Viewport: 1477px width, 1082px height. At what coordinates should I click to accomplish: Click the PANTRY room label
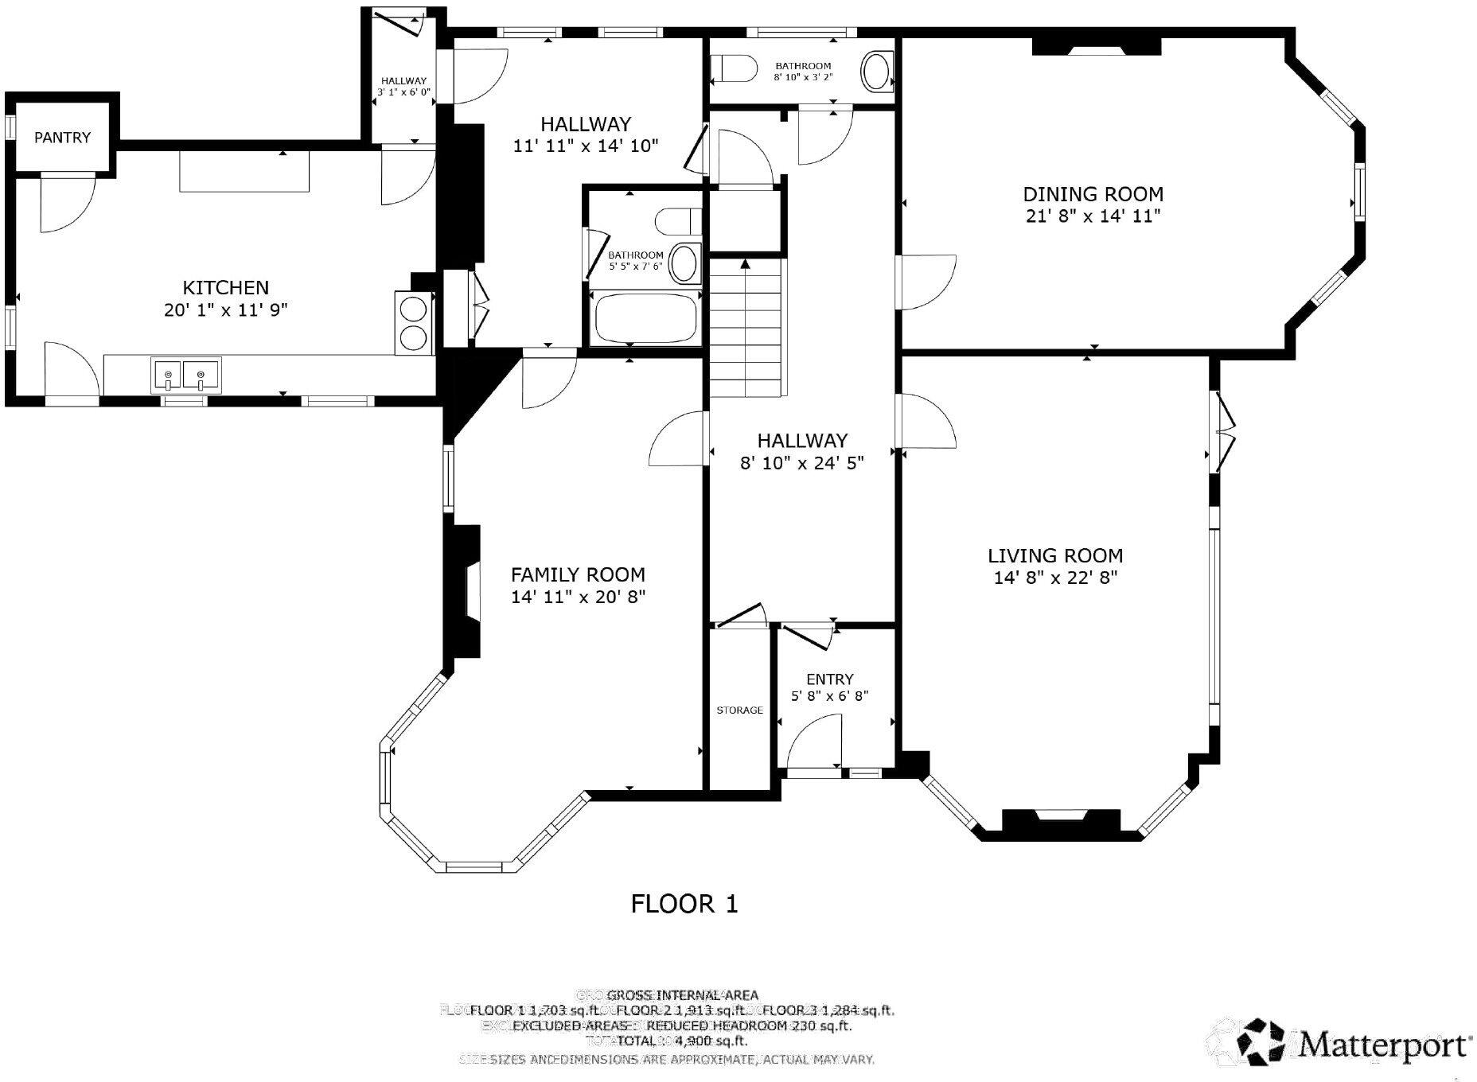click(x=62, y=138)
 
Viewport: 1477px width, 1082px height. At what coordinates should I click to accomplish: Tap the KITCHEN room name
click(x=226, y=287)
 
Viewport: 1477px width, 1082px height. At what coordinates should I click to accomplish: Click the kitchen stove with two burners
click(x=415, y=322)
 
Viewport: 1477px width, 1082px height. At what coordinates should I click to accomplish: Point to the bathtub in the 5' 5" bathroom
click(x=645, y=316)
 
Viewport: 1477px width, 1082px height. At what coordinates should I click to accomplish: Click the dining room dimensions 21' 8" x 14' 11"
click(x=1093, y=216)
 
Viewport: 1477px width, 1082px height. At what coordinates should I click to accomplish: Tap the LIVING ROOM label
click(x=1055, y=555)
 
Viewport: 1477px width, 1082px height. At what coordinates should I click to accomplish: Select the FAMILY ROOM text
click(x=578, y=574)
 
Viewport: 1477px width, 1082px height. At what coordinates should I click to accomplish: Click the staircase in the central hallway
click(x=746, y=326)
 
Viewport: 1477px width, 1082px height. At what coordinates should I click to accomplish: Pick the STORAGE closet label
click(x=739, y=710)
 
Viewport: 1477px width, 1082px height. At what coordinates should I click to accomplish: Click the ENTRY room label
click(x=829, y=679)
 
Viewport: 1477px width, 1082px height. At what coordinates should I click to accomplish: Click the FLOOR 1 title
click(x=684, y=904)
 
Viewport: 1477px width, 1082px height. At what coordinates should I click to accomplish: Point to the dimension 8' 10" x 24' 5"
click(x=801, y=462)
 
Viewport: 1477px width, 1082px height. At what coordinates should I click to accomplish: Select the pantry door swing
click(x=66, y=203)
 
